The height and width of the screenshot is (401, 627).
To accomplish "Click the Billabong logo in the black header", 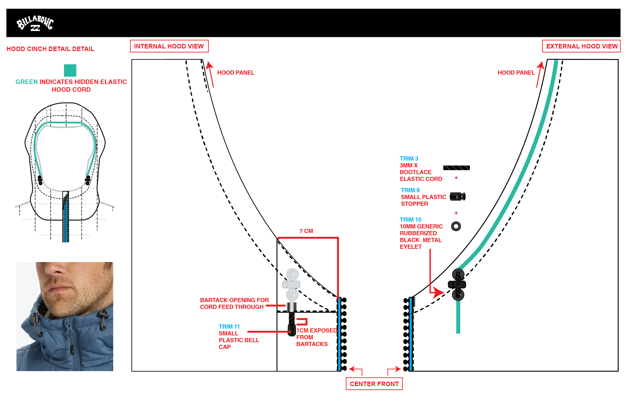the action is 35,23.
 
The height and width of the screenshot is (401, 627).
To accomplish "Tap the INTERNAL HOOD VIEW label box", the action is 169,46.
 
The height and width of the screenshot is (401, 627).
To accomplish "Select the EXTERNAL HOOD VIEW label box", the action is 581,46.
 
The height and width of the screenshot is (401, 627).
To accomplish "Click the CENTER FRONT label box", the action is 374,384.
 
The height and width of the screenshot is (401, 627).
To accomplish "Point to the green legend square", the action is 70,70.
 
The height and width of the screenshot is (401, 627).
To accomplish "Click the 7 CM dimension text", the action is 306,231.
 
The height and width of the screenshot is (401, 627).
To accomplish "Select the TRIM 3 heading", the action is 409,159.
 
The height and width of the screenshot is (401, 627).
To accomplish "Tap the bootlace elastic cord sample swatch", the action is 456,168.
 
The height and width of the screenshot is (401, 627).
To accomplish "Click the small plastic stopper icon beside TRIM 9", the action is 458,196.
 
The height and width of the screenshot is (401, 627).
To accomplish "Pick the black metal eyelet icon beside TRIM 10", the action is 456,226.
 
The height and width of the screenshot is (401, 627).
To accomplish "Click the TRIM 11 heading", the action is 229,327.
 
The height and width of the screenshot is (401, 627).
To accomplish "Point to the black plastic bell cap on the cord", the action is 292,330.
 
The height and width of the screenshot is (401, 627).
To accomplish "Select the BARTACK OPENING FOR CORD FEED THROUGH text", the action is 234,303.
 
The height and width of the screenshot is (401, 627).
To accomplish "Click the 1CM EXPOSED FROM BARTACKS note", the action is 317,337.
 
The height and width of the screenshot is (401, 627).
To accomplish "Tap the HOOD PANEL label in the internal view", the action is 235,73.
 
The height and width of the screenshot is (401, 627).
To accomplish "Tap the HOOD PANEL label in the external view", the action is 516,73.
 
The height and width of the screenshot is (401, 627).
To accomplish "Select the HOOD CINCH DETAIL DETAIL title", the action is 50,49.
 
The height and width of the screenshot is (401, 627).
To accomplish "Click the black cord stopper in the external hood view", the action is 457,285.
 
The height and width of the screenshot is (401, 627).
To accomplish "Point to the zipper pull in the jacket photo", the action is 72,349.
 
